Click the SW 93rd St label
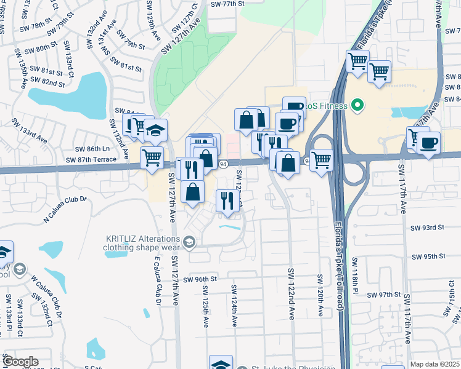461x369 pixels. coord(427,228)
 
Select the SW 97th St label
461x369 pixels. coord(385,295)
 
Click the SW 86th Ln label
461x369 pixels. coord(92,149)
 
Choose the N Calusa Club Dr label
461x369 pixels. coord(66,210)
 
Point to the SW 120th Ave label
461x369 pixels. coord(320,295)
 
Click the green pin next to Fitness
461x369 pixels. coord(356,106)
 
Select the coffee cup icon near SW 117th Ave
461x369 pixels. coord(428,143)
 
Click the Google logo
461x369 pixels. coord(20,362)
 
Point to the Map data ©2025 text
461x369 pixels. coord(434,364)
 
